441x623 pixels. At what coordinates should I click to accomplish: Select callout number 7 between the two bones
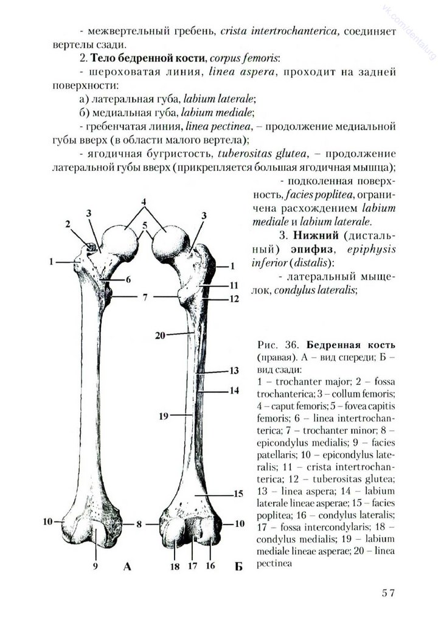click(145, 298)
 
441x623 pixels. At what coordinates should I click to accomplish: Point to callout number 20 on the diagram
click(160, 334)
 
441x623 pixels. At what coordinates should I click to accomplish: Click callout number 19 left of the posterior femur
click(163, 417)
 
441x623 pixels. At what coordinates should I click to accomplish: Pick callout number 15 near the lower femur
click(239, 493)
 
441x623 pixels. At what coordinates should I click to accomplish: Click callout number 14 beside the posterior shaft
click(234, 391)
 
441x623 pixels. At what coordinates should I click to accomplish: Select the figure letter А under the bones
click(127, 568)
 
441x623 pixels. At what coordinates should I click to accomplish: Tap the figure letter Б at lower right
click(238, 568)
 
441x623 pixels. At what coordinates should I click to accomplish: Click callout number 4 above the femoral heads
click(145, 201)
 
